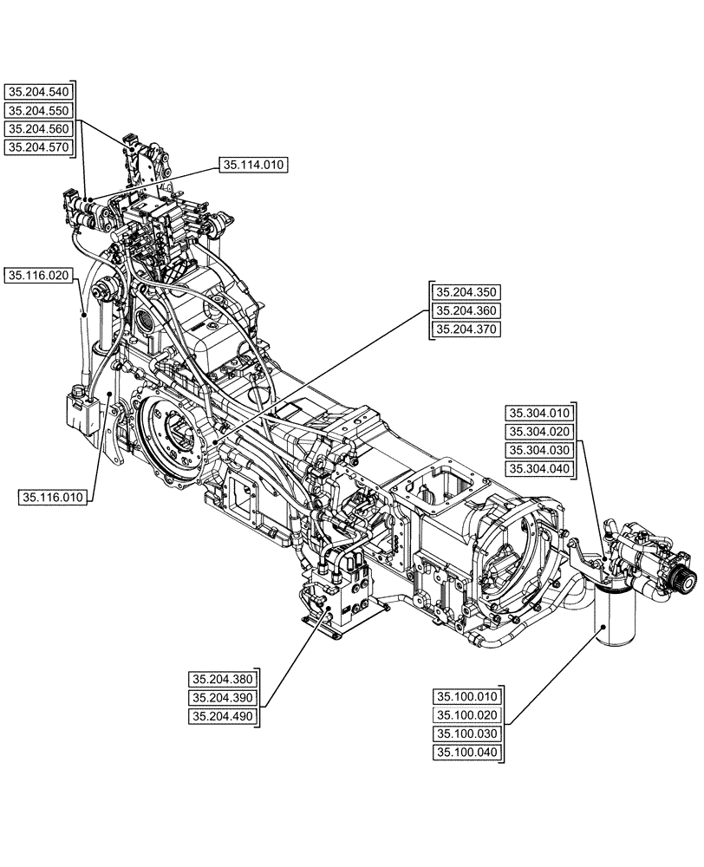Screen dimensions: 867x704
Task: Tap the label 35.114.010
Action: pos(254,165)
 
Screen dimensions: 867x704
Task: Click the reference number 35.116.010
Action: pos(53,497)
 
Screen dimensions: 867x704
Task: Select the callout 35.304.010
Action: pos(540,414)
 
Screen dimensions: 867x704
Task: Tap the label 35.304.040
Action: pos(540,469)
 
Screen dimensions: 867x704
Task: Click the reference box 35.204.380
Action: pos(223,679)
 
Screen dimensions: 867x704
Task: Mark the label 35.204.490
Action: pos(223,715)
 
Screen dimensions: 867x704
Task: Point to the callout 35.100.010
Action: pos(467,696)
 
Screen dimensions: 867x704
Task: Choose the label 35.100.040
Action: pos(467,752)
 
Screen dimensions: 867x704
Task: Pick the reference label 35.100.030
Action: pos(467,733)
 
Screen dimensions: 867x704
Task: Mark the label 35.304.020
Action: pos(540,432)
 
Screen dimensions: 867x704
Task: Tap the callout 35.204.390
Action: pos(223,697)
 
